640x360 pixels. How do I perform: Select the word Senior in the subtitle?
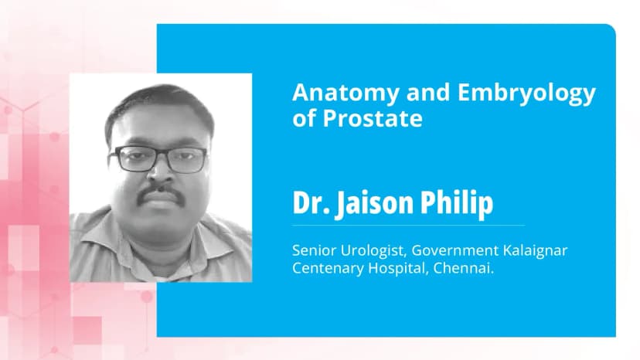[x=311, y=251]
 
